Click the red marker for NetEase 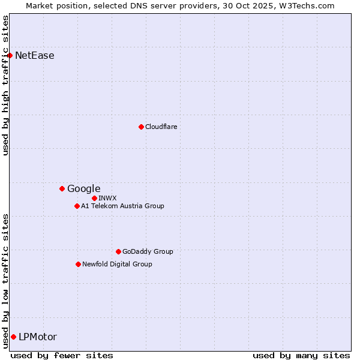[x=10, y=56]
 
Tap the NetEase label [x=35, y=56]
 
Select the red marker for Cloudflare [x=141, y=127]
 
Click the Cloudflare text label [x=161, y=127]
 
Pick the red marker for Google [x=62, y=189]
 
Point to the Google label [x=83, y=189]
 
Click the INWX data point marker [x=94, y=198]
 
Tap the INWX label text [x=107, y=198]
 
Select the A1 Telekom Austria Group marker [x=77, y=206]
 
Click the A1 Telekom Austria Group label [x=122, y=206]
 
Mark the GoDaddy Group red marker [x=118, y=251]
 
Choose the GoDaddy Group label [x=147, y=251]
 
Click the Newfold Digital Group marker [x=78, y=264]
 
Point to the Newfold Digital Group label [x=117, y=264]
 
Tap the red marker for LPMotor [x=13, y=337]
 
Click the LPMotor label [x=38, y=337]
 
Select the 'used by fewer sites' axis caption [x=62, y=355]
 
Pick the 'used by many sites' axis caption [x=301, y=355]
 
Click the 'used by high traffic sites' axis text [x=5, y=85]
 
